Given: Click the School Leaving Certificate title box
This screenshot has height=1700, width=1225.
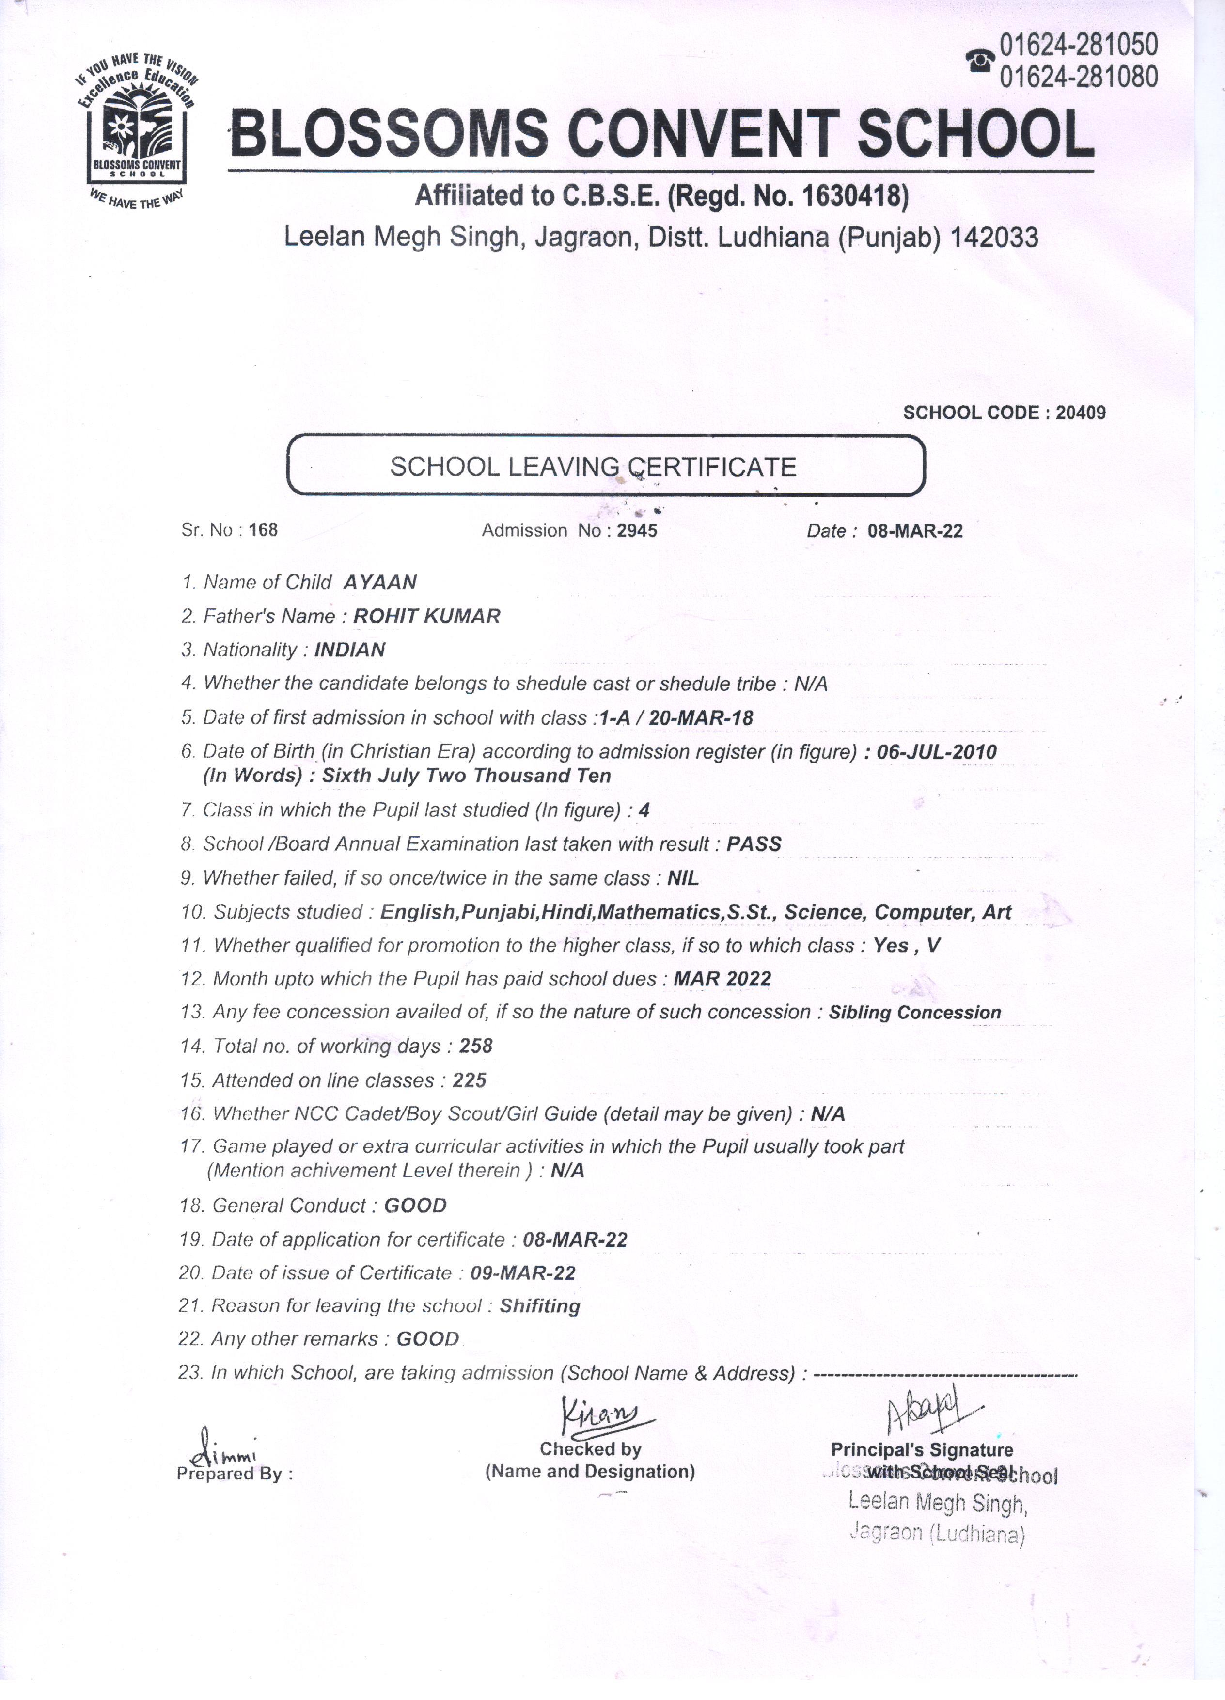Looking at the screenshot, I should click(606, 466).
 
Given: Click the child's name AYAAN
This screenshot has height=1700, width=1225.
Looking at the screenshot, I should click(380, 582).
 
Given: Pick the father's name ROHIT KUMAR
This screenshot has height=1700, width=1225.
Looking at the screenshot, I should click(426, 616).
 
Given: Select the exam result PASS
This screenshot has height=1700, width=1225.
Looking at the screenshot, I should click(754, 844).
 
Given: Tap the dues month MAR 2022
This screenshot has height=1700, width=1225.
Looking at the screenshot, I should click(722, 978).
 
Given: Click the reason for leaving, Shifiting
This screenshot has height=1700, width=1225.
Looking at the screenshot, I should click(539, 1306).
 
